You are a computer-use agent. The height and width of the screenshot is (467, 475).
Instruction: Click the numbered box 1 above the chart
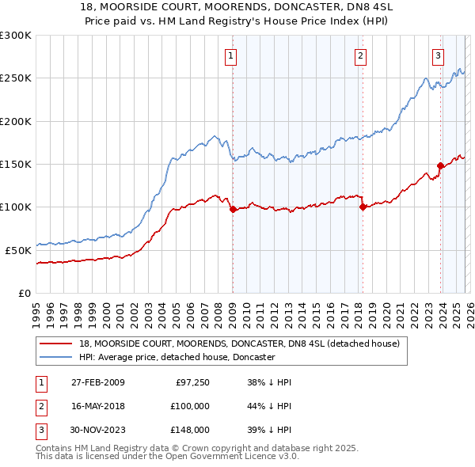230,55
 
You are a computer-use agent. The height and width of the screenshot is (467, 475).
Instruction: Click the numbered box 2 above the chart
360,55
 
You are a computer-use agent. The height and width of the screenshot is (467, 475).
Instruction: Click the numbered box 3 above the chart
438,55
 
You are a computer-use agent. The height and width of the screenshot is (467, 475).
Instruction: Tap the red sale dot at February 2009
234,210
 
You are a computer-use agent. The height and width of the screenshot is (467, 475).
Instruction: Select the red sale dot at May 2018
363,207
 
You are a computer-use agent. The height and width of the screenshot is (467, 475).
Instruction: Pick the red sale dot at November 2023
440,166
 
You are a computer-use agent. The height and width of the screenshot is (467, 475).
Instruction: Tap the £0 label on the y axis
24,293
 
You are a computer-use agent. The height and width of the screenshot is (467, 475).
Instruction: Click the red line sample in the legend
55,344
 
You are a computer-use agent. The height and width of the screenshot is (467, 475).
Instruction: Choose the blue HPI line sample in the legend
55,357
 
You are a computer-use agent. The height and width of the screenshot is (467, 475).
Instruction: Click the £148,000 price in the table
189,431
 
